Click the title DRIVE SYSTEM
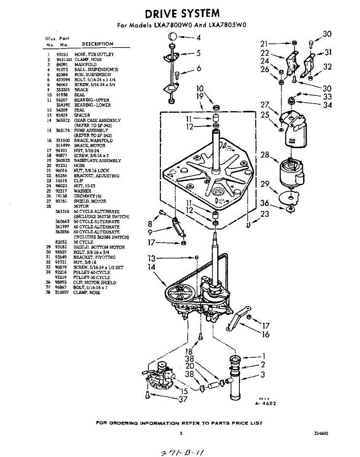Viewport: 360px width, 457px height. pos(182,14)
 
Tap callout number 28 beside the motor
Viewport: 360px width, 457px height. pos(265,155)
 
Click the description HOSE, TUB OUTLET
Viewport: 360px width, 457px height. pos(94,54)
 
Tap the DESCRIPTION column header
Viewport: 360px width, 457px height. pos(97,44)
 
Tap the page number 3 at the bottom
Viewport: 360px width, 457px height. pos(182,433)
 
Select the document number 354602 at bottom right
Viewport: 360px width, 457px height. pos(321,433)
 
